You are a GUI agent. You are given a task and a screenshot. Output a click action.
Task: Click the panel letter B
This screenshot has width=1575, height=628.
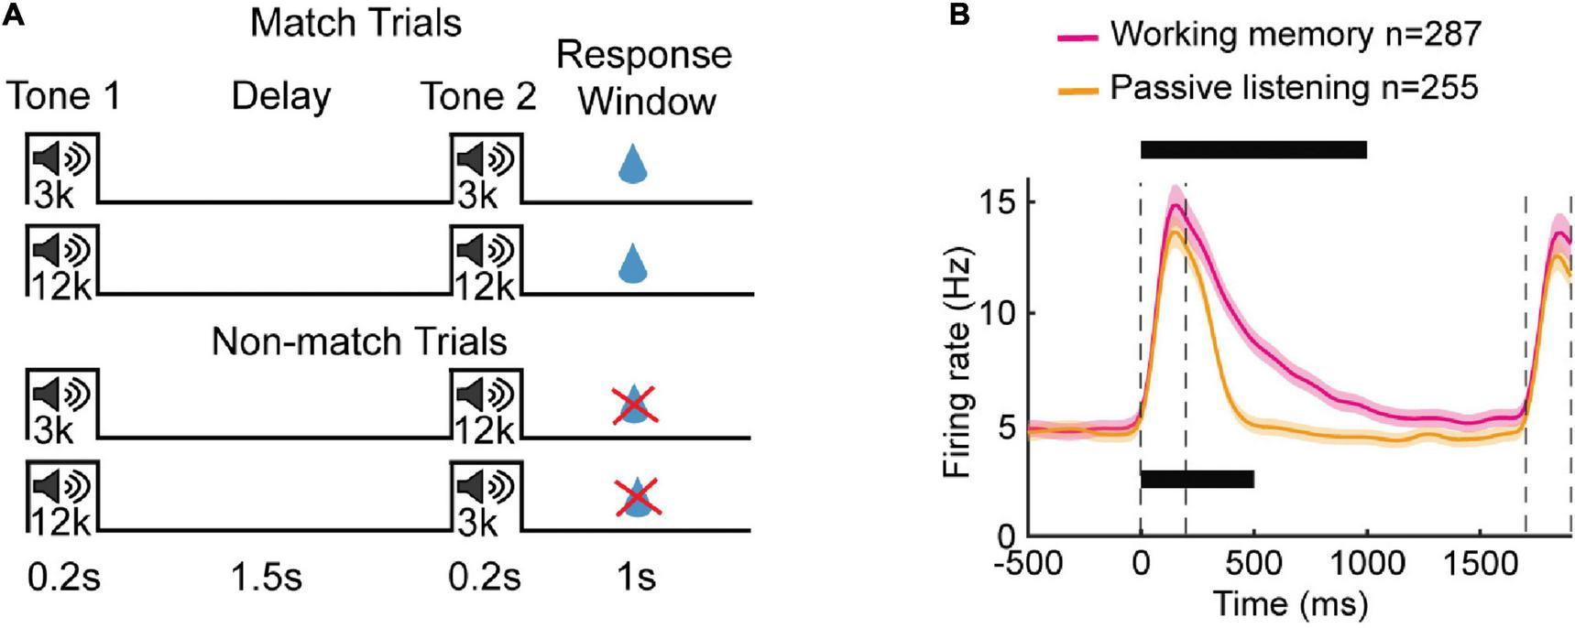[959, 16]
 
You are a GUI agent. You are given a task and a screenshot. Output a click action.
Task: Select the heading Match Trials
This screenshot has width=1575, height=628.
[355, 23]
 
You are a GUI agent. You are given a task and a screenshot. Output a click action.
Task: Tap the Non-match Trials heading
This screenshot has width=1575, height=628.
[359, 341]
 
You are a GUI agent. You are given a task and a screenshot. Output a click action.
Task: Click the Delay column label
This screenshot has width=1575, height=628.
[280, 96]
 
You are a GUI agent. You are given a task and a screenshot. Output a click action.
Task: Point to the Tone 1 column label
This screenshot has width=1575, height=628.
[63, 96]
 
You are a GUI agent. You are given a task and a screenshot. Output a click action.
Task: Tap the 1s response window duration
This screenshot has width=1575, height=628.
[636, 579]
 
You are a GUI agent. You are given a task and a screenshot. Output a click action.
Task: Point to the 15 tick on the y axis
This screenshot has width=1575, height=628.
[1001, 202]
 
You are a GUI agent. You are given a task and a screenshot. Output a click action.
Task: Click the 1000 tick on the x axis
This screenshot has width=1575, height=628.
[1366, 562]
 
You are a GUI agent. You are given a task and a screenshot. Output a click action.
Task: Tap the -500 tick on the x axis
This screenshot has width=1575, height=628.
[1029, 562]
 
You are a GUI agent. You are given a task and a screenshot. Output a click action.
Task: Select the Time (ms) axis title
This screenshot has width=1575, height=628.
[1290, 604]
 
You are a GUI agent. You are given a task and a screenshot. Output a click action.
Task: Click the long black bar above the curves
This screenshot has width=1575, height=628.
[1253, 150]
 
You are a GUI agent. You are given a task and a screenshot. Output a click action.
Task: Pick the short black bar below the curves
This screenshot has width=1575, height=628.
[1197, 479]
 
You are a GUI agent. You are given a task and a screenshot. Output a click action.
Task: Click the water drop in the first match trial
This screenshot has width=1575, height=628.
[630, 166]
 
